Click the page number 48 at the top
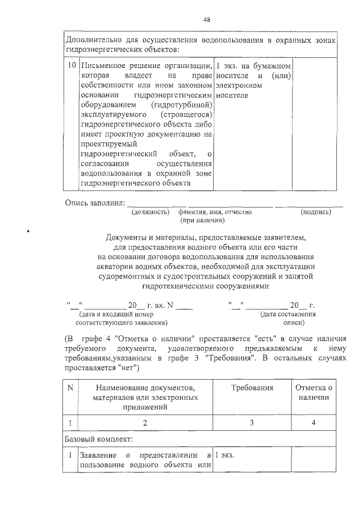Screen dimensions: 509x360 coord(206,20)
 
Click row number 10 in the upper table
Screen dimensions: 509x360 coord(71,65)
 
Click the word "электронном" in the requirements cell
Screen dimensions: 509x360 coord(239,85)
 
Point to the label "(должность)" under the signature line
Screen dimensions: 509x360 coord(150,212)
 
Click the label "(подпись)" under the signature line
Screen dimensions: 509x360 coord(316,212)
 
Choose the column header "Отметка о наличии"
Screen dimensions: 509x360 coord(314,393)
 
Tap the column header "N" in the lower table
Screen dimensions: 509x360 coord(70,388)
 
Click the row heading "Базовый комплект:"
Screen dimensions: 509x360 coord(99,439)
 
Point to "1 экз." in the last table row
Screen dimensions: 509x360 coord(224,455)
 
